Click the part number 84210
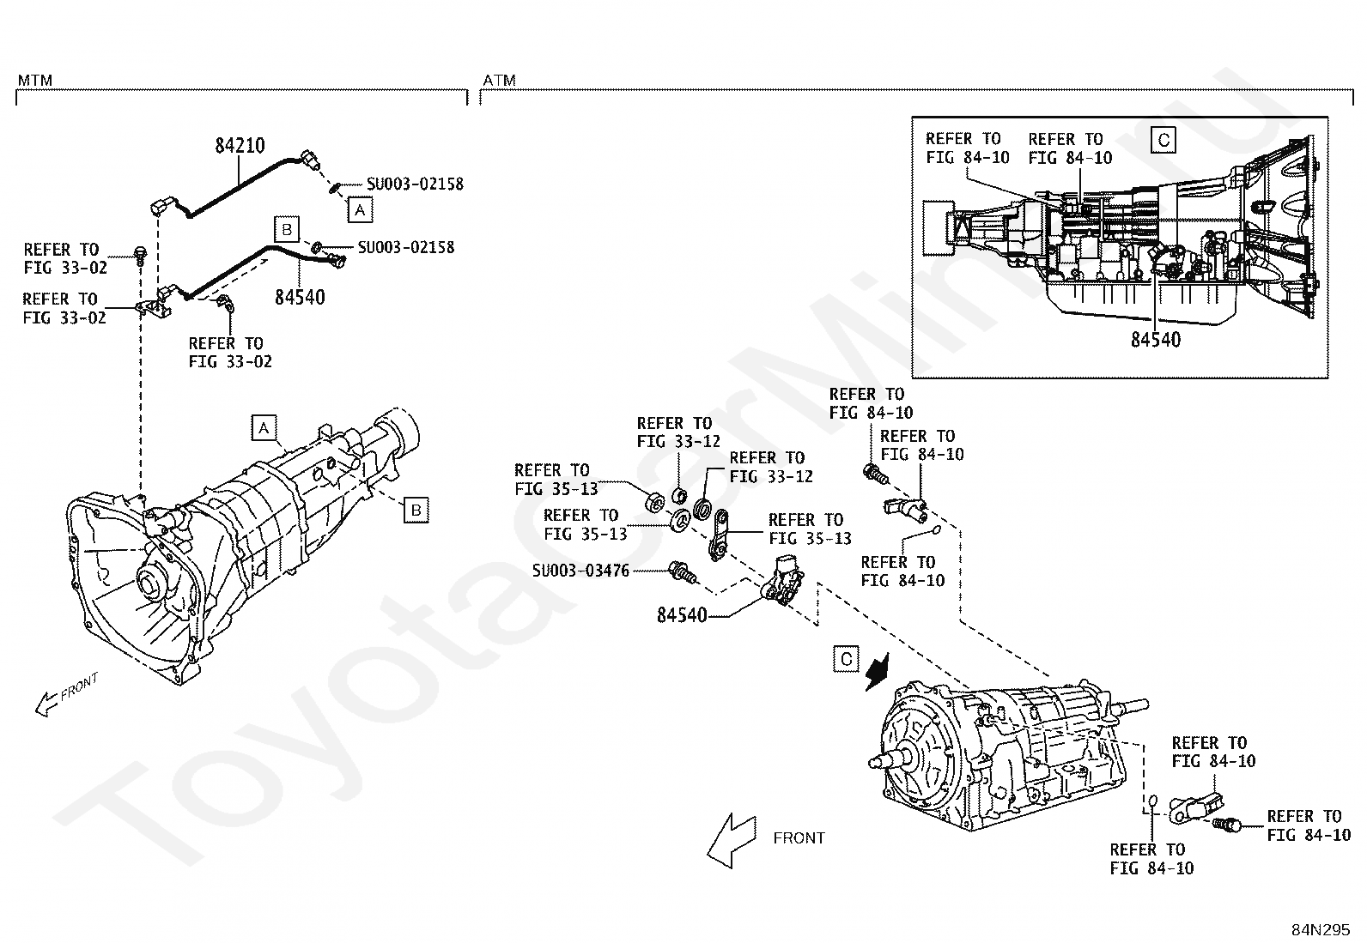240,146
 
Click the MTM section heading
35,80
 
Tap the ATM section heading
499,80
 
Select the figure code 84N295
1321,929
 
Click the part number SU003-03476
580,571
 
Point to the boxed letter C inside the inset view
1163,140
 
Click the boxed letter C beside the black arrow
846,659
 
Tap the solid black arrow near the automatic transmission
878,672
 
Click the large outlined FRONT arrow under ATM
732,840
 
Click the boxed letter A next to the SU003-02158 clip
360,209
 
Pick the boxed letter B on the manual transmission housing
416,510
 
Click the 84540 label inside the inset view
1156,340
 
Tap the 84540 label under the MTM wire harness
300,297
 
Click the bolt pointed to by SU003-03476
682,572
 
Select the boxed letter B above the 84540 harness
287,229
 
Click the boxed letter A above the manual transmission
264,427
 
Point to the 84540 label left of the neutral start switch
682,615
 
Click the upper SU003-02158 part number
415,184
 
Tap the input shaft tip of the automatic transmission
874,762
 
